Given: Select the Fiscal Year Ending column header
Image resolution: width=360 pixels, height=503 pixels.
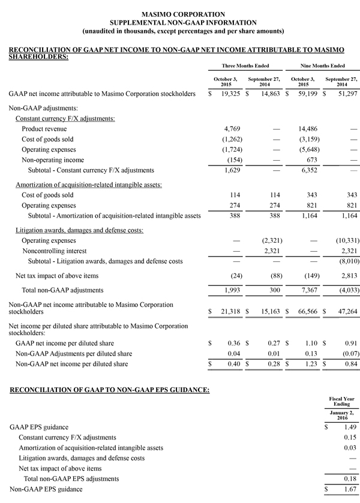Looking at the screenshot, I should coord(341,401).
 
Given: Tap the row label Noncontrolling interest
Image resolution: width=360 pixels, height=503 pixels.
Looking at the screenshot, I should coord(54,251).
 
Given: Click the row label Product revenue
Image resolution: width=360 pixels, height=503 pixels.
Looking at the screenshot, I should coord(44,129).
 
